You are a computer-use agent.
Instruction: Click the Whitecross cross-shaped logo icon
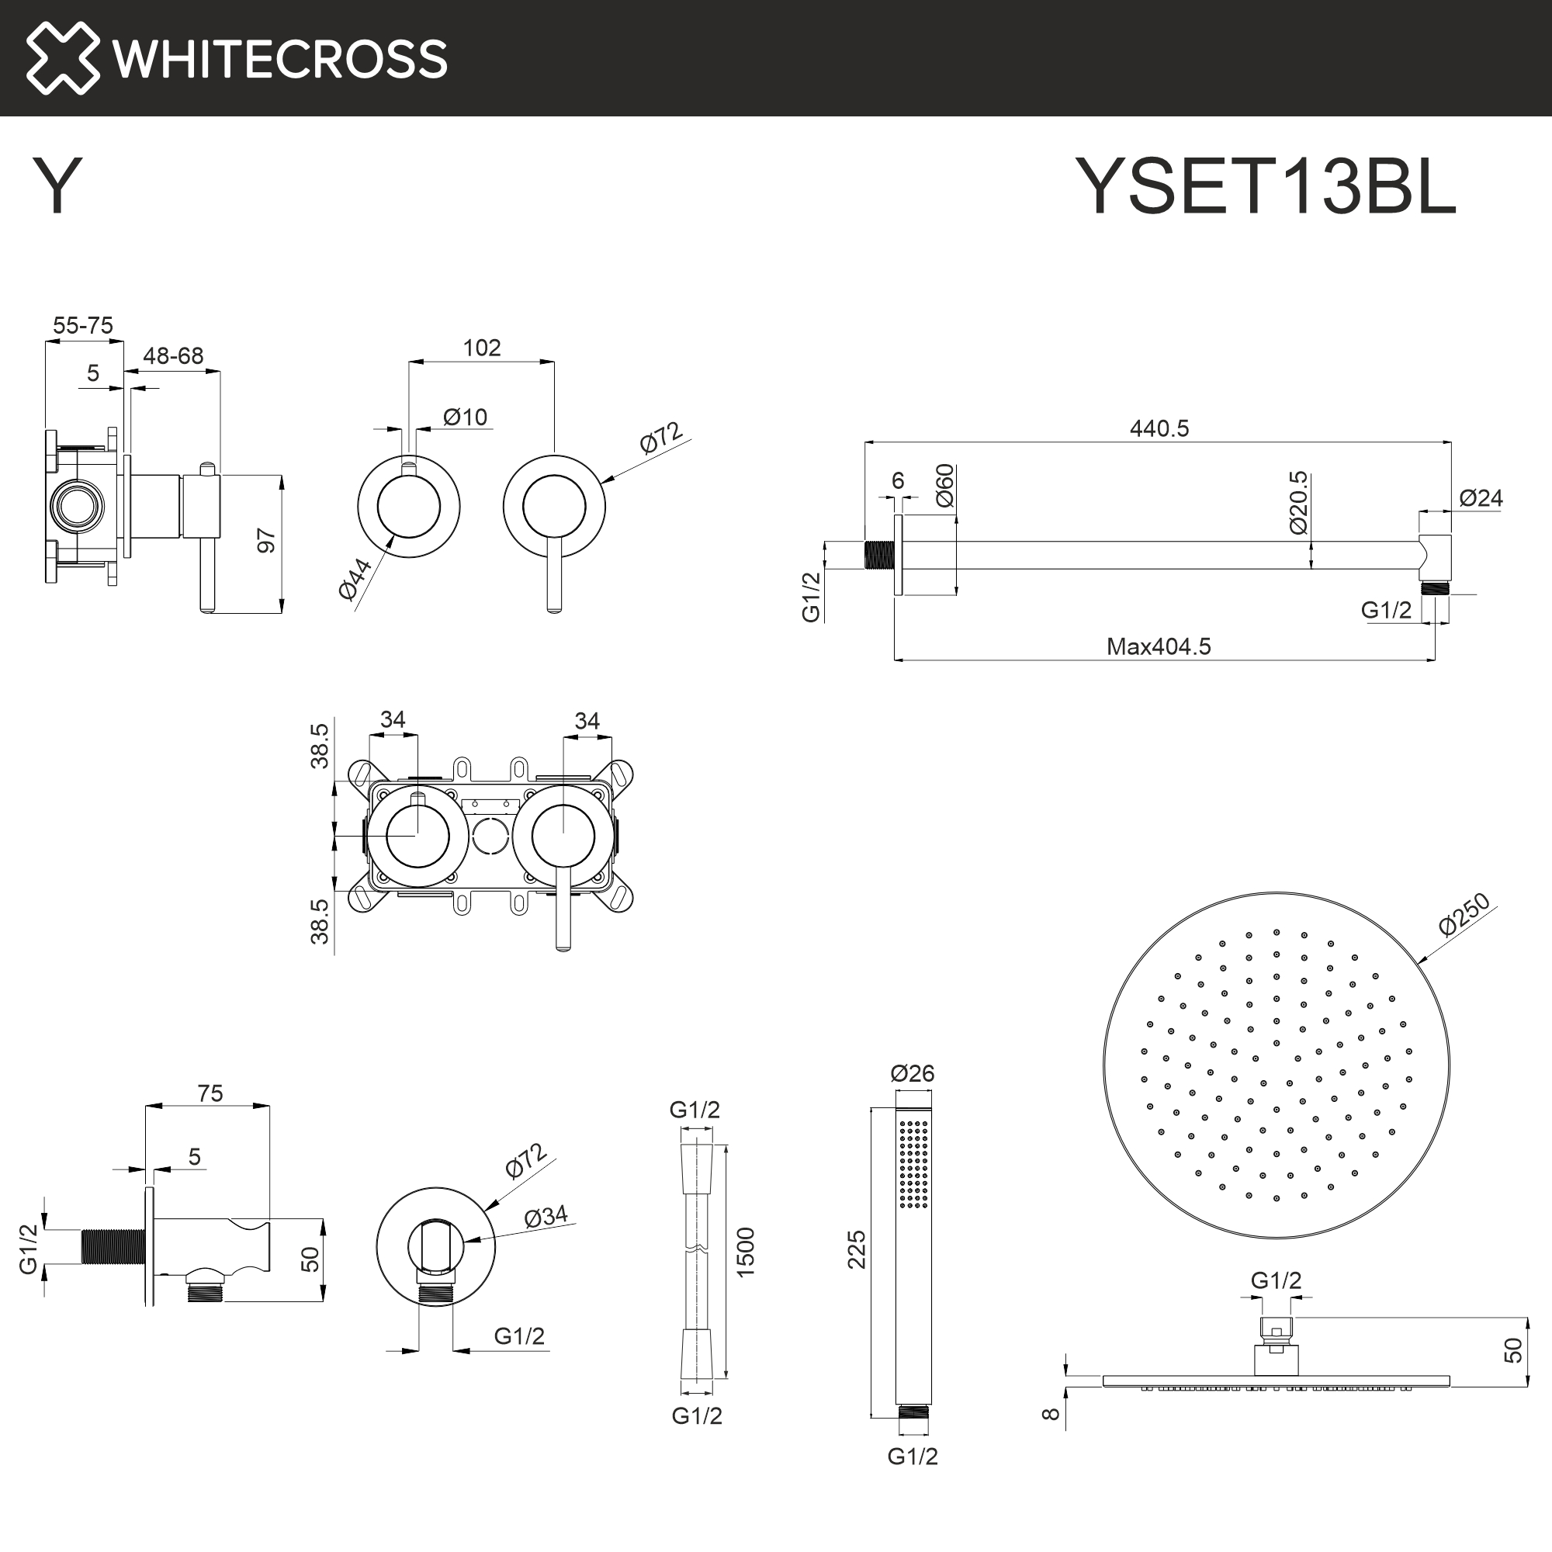(x=63, y=58)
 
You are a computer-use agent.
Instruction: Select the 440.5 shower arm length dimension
(x=1159, y=428)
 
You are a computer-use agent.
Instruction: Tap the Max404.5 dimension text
(x=1158, y=646)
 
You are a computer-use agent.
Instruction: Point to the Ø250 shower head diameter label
(x=1464, y=914)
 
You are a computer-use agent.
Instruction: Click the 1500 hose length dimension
(x=746, y=1252)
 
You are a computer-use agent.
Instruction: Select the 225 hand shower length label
(x=857, y=1249)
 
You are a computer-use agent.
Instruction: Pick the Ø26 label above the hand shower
(x=912, y=1073)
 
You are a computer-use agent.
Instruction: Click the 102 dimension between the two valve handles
(x=481, y=348)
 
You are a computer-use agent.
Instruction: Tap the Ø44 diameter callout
(x=355, y=577)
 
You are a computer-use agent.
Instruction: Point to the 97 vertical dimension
(x=267, y=541)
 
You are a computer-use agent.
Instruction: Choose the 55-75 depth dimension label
(x=83, y=325)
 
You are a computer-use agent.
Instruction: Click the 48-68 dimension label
(x=173, y=356)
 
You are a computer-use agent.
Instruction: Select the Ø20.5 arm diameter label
(x=1298, y=503)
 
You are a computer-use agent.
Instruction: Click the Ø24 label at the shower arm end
(x=1481, y=498)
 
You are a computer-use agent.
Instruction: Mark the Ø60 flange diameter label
(x=944, y=485)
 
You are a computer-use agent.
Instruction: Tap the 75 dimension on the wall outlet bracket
(x=210, y=1093)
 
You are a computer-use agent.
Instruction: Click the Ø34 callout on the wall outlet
(x=546, y=1217)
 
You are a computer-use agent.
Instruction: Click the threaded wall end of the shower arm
(x=881, y=555)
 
